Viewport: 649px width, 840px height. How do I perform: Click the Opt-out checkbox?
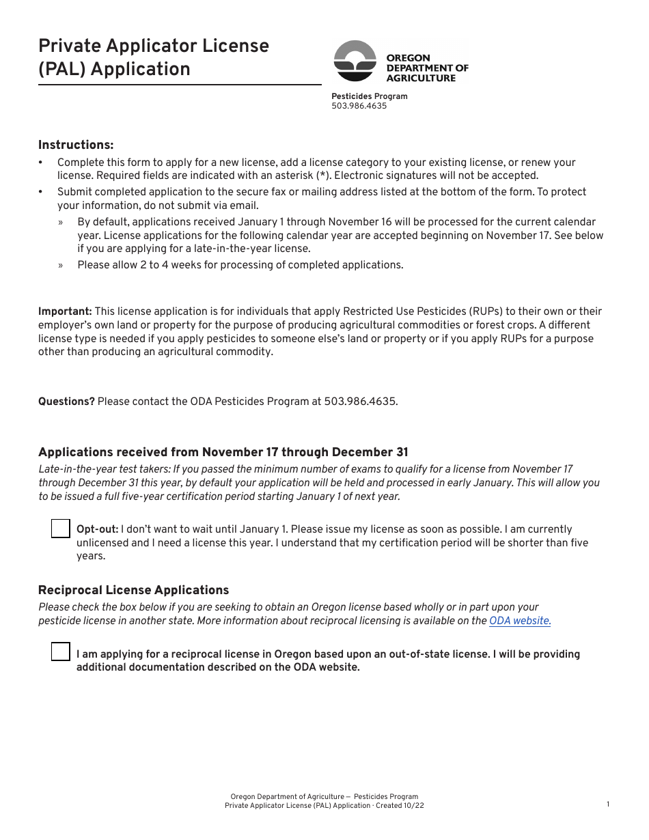61,529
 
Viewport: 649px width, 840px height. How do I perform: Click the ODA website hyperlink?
520,621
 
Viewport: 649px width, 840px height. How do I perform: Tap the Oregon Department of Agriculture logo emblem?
355,61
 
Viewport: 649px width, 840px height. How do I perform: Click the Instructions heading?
76,145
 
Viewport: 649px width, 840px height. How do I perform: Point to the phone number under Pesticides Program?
359,106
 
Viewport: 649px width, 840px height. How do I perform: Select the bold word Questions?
66,402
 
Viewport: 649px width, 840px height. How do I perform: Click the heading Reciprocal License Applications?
133,590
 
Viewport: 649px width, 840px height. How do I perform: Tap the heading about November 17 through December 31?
223,452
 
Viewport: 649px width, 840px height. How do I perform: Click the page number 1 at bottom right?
608,804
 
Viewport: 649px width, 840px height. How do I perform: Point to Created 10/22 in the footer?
403,806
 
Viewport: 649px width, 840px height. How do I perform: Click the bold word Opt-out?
97,529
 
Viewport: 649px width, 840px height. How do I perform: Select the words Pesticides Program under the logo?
369,96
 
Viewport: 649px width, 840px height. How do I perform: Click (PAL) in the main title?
64,70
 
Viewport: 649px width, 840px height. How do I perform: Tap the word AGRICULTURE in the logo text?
421,78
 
